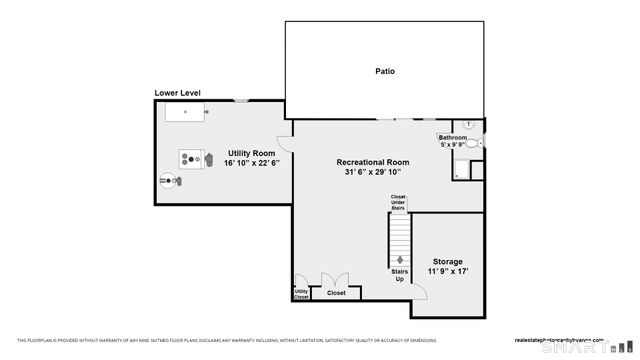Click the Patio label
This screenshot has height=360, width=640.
tap(384, 71)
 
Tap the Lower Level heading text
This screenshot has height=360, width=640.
tap(177, 93)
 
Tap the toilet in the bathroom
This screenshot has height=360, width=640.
tap(473, 144)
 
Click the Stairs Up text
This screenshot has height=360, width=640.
tap(400, 274)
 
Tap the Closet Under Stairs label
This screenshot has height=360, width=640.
tap(398, 202)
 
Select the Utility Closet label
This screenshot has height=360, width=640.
tap(301, 293)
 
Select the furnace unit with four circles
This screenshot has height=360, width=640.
tap(190, 157)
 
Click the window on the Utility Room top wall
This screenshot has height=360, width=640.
tap(241, 100)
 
